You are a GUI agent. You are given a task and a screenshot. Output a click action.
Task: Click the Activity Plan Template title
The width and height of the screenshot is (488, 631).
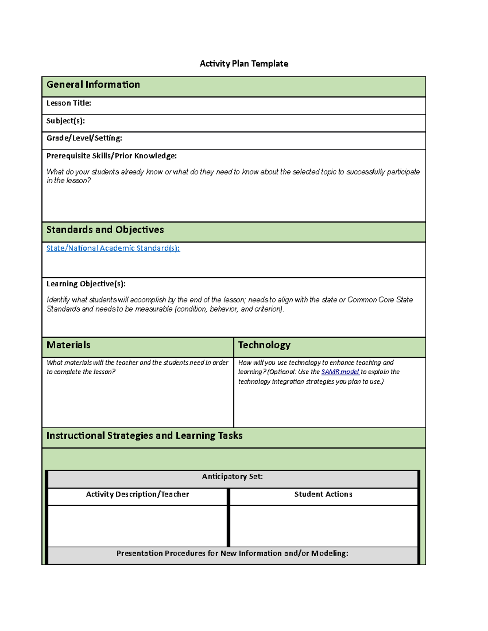pyautogui.click(x=244, y=64)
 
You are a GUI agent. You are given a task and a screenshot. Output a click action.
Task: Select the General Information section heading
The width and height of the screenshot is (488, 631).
pyautogui.click(x=93, y=85)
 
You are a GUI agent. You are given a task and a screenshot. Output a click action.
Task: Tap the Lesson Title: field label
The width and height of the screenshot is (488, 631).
pyautogui.click(x=69, y=103)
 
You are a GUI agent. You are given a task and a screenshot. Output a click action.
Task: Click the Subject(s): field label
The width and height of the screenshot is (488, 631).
pyautogui.click(x=65, y=121)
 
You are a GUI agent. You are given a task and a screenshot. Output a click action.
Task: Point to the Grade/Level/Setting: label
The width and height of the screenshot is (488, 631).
pyautogui.click(x=84, y=138)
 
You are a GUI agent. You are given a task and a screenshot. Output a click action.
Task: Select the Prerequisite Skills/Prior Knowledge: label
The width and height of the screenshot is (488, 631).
pyautogui.click(x=111, y=156)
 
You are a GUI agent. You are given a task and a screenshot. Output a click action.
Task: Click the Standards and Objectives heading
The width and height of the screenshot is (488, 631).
pyautogui.click(x=105, y=230)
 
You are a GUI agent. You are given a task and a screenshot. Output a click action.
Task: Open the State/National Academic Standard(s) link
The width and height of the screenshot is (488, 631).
pyautogui.click(x=113, y=248)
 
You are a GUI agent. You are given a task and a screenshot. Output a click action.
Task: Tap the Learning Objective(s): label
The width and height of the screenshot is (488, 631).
pyautogui.click(x=86, y=284)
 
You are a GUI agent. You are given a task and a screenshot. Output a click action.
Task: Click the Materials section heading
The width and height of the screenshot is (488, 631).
pyautogui.click(x=68, y=345)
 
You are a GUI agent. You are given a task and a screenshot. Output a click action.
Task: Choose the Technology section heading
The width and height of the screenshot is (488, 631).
pyautogui.click(x=264, y=345)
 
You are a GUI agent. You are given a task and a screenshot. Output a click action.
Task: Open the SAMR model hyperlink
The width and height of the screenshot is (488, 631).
pyautogui.click(x=340, y=372)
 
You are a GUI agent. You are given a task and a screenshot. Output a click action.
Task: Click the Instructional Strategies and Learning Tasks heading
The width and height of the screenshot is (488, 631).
pyautogui.click(x=144, y=436)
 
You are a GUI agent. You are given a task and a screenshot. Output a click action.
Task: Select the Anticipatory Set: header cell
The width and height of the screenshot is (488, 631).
pyautogui.click(x=232, y=477)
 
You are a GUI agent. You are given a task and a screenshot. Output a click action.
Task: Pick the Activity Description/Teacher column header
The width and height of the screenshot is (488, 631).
pyautogui.click(x=137, y=494)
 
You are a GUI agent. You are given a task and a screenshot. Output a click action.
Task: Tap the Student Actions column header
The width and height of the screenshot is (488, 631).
pyautogui.click(x=323, y=494)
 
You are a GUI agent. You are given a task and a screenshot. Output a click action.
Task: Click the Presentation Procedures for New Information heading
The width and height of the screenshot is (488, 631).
pyautogui.click(x=232, y=553)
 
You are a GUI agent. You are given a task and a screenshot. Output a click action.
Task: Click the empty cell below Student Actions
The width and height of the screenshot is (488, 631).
pyautogui.click(x=324, y=526)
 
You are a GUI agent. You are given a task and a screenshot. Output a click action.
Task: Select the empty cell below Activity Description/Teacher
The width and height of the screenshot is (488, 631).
pyautogui.click(x=137, y=526)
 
